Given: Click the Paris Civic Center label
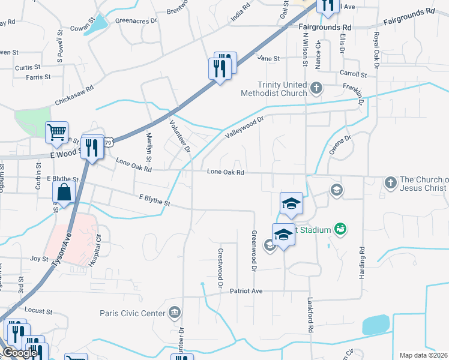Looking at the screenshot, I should pos(132,313).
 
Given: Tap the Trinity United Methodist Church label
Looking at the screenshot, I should pos(274,89).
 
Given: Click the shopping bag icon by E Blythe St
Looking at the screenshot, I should pos(64,193).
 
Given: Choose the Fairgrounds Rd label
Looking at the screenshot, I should pos(325,28).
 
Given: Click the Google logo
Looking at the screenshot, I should pos(19,353).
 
